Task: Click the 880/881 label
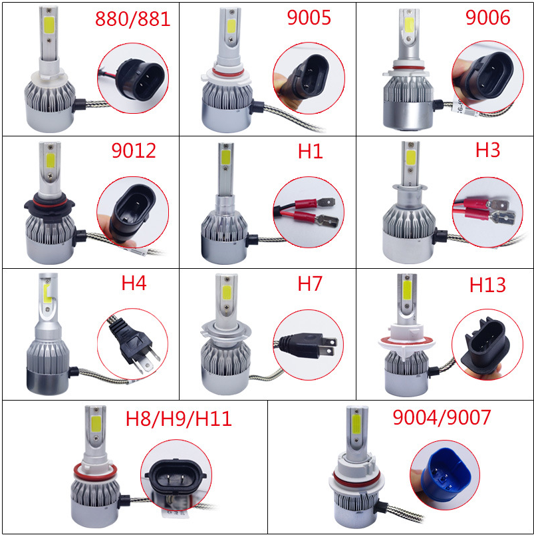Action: pos(132,19)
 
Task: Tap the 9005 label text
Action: pos(309,17)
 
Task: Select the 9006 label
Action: pos(487,17)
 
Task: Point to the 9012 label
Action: pos(134,150)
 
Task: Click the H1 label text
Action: pos(311,151)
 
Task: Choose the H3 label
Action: pos(487,150)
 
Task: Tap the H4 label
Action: pos(134,283)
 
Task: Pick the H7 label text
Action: pos(310,283)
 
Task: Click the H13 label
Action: pos(487,285)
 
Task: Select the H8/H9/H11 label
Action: pos(179,419)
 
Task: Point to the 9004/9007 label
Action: pos(442,417)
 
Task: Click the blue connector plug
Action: pos(444,474)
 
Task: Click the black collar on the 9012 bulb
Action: pos(49,205)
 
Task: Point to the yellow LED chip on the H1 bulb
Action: pos(225,157)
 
